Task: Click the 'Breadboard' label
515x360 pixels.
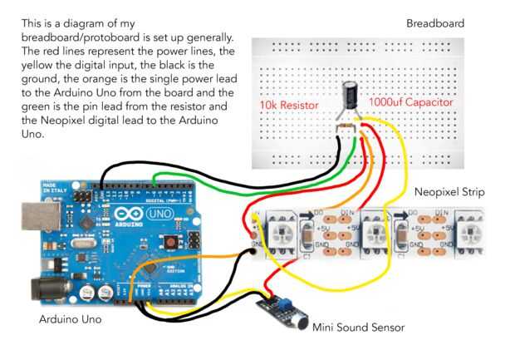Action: coord(434,23)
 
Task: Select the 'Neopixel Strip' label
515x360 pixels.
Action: coord(449,193)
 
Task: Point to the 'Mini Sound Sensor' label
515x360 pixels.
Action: coord(359,328)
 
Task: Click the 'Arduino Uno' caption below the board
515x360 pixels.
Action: coord(74,319)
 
